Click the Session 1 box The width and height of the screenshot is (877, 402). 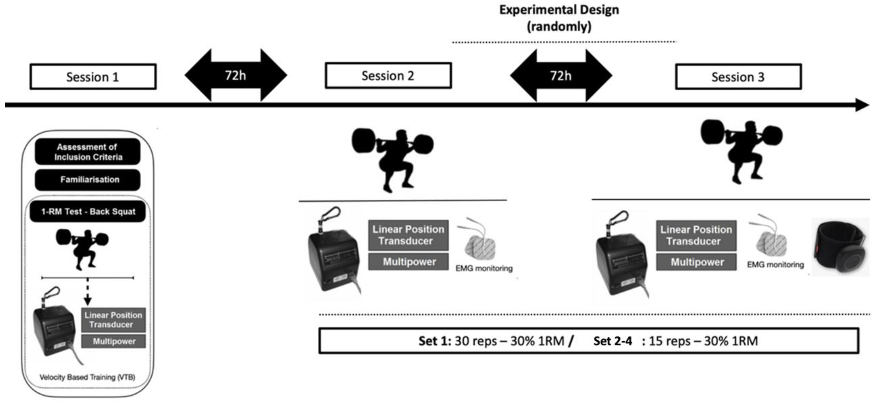click(x=93, y=77)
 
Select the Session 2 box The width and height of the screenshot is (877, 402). click(x=388, y=75)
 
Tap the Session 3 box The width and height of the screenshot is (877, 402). click(x=738, y=77)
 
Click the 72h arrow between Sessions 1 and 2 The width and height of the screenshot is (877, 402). click(x=236, y=75)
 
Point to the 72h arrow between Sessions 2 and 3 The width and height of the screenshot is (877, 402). click(x=561, y=75)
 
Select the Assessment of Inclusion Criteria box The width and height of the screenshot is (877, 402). click(x=88, y=152)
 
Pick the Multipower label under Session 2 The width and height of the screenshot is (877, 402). click(x=408, y=262)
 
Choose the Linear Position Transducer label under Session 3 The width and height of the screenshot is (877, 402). click(x=696, y=235)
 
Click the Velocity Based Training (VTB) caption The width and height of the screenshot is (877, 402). click(x=88, y=377)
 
